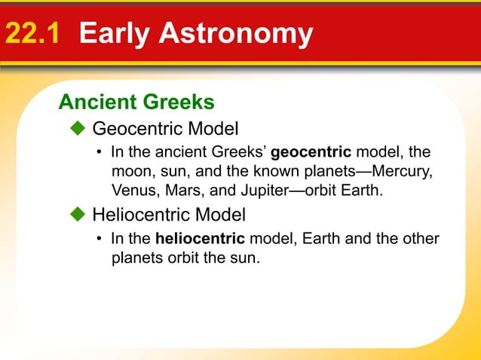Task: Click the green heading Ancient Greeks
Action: (x=136, y=101)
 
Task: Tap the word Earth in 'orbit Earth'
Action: (x=363, y=189)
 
